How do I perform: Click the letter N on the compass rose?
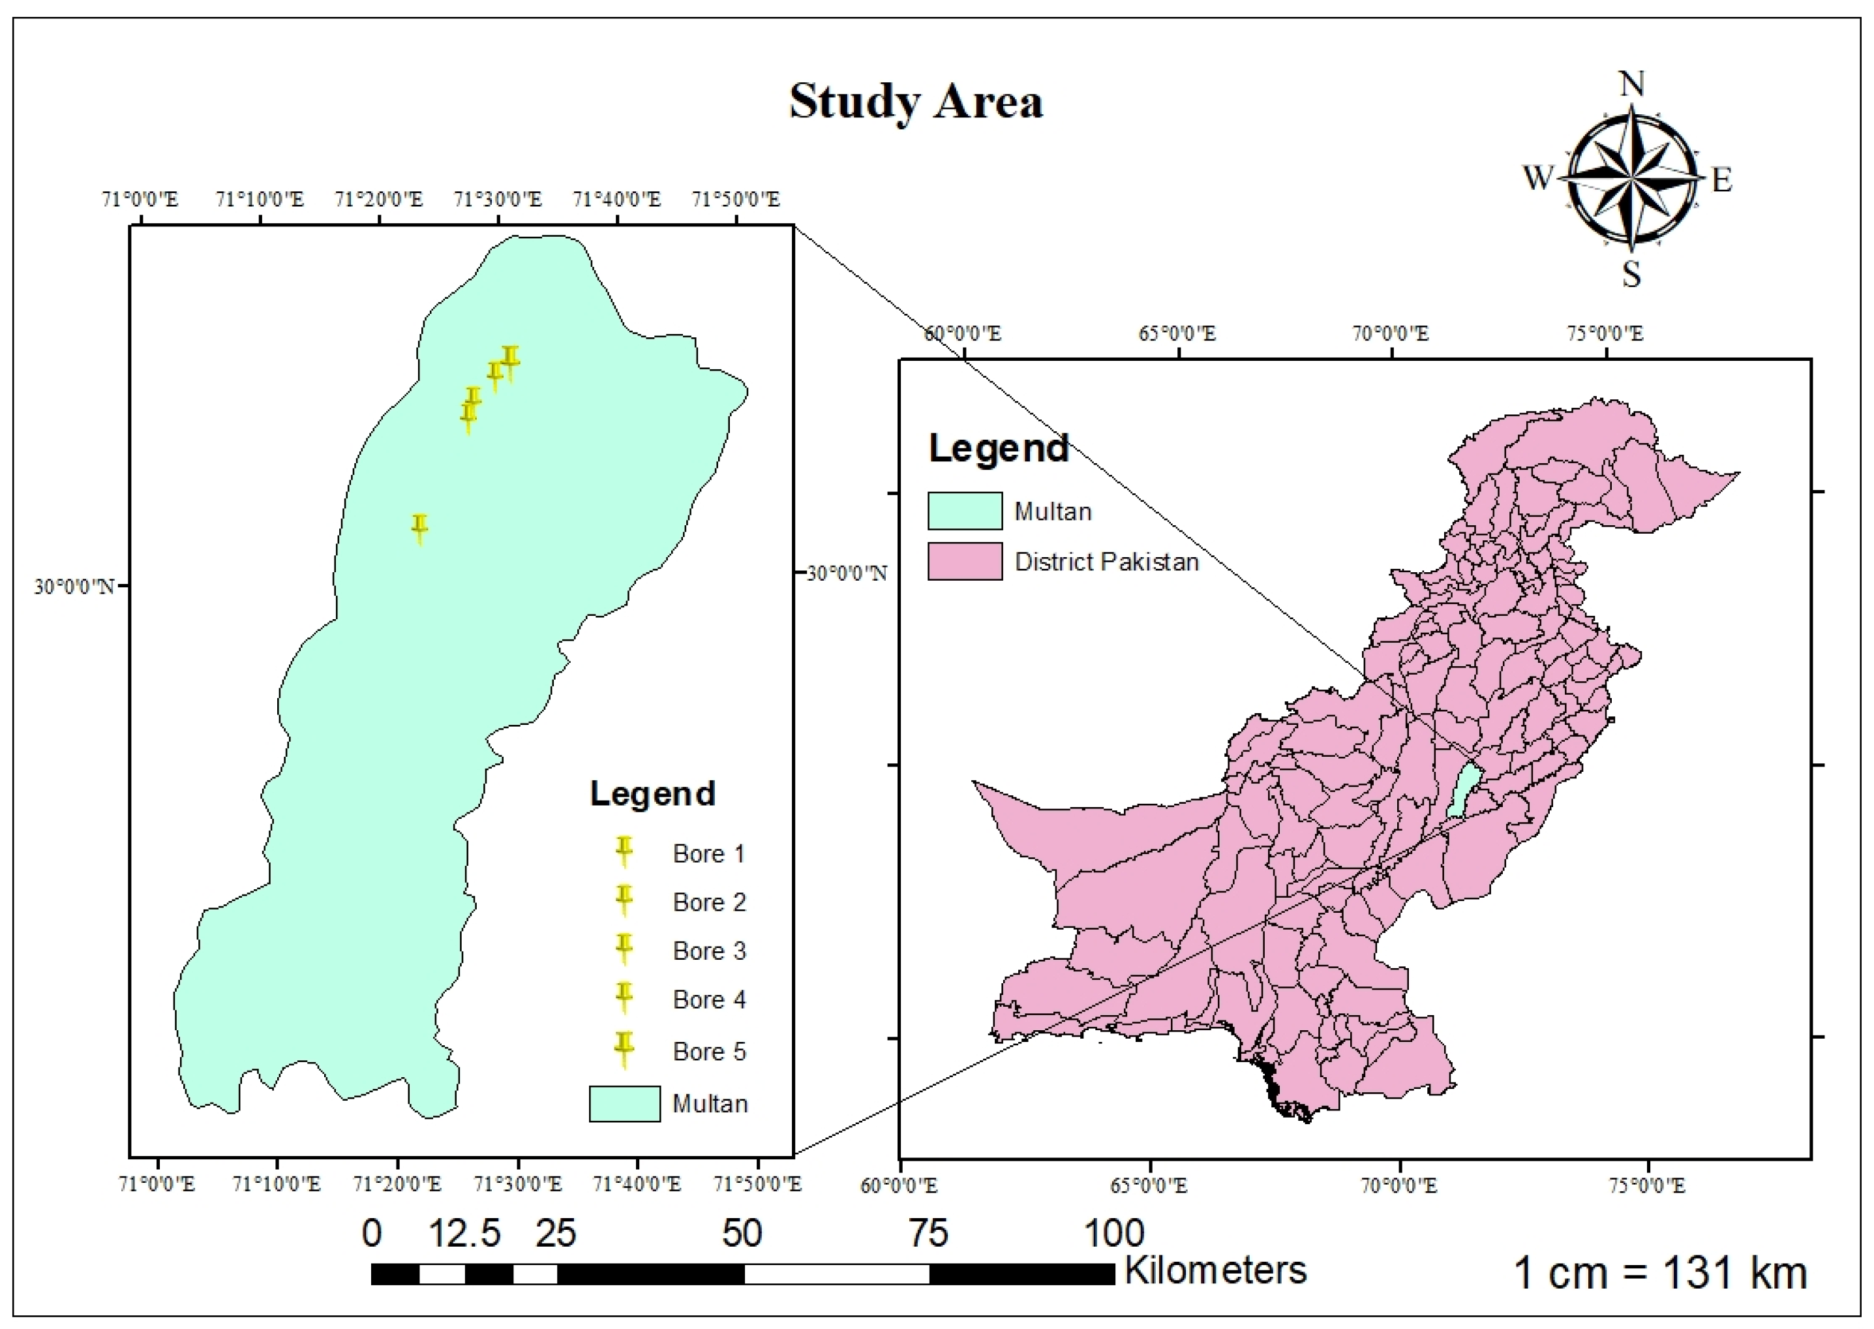coord(1631,84)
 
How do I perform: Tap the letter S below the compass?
coord(1631,274)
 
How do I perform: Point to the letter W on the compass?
coord(1537,177)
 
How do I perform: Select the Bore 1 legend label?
coord(708,853)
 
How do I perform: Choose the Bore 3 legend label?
coord(708,951)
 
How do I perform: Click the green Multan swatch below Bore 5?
coord(624,1103)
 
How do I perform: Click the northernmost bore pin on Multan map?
coord(511,360)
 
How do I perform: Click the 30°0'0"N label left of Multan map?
coord(74,587)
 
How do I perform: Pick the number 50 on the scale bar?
coord(741,1233)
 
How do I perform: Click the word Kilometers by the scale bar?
coord(1215,1270)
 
